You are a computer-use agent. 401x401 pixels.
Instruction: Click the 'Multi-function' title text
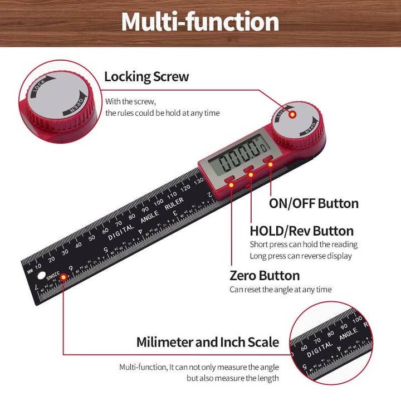tap(200, 22)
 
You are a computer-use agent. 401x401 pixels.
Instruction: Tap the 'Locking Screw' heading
tap(146, 77)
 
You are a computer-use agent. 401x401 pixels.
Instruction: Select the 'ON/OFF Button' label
tap(314, 203)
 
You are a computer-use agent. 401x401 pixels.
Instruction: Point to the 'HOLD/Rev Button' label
tap(301, 231)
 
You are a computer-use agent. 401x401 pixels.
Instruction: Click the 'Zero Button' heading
tap(265, 276)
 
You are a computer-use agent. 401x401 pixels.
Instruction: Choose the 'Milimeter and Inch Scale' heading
tap(208, 342)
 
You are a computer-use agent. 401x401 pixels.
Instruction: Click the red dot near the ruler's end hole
tap(63, 276)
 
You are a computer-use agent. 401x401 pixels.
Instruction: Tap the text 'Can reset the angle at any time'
tap(280, 290)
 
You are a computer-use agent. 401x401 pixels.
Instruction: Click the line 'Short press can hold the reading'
tap(303, 244)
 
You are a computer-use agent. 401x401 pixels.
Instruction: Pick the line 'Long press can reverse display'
tap(301, 256)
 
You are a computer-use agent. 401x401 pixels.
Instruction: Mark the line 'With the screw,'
tap(131, 102)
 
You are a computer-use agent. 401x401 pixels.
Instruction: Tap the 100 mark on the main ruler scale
tap(159, 200)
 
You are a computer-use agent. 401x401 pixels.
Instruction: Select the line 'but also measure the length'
tap(232, 378)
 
